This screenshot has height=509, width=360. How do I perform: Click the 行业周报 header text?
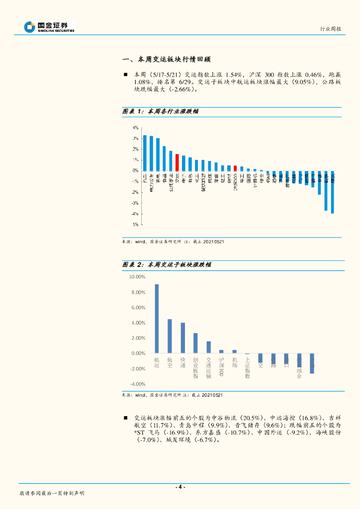330,29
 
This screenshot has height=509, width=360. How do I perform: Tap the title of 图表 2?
167,265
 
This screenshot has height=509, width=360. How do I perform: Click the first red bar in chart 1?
177,162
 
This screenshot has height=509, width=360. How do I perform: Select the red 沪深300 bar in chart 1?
235,168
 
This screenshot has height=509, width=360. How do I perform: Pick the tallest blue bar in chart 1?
145,153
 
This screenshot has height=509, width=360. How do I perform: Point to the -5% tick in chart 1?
135,225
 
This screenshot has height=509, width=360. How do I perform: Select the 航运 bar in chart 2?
157,319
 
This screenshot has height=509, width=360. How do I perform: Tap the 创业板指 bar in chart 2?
195,343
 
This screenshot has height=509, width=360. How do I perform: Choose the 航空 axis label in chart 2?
170,362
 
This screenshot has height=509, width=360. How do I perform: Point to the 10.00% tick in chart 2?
137,277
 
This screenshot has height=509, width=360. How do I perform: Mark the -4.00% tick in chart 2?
137,384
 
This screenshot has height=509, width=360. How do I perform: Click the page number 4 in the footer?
181,487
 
